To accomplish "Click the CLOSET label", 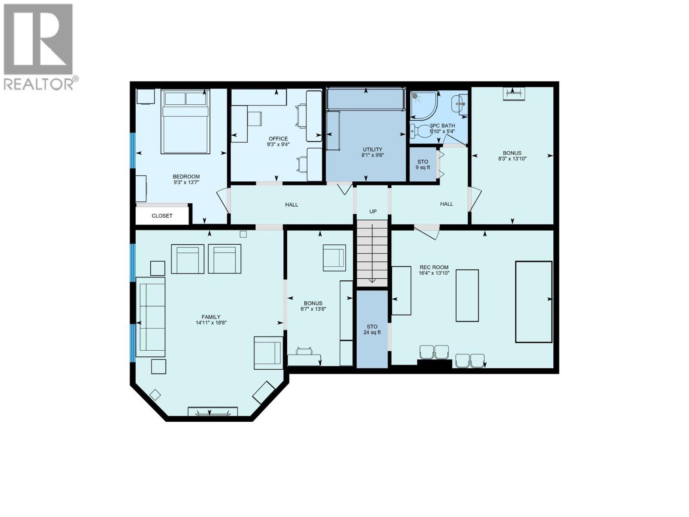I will click(162, 216).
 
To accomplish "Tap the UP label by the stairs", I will click(373, 212).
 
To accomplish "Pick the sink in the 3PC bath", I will click(459, 103).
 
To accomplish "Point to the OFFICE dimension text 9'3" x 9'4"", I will click(278, 145).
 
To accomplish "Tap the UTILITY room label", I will click(372, 149).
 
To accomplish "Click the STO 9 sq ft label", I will click(422, 165).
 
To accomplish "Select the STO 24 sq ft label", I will click(372, 329).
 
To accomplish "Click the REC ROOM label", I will click(434, 267).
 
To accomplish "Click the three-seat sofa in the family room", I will click(150, 317).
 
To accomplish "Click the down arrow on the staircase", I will click(372, 280).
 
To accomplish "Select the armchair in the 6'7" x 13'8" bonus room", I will click(334, 258).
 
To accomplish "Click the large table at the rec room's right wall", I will click(534, 302).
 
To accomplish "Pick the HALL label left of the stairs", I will click(292, 204).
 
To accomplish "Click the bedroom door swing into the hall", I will click(223, 201).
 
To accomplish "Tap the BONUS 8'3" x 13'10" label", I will click(512, 156).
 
